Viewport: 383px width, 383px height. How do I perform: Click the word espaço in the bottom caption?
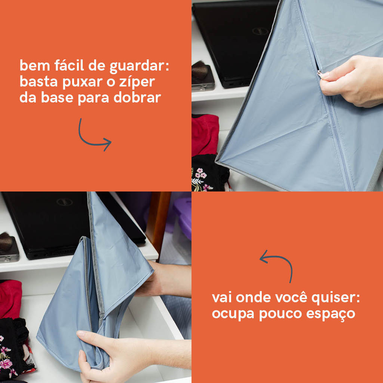[331, 314]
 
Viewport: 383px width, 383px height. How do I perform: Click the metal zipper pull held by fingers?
[319, 74]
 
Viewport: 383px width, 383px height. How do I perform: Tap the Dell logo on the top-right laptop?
[260, 31]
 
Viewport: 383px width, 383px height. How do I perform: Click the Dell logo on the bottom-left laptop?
[64, 202]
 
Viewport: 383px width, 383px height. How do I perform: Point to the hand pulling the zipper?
[352, 81]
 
